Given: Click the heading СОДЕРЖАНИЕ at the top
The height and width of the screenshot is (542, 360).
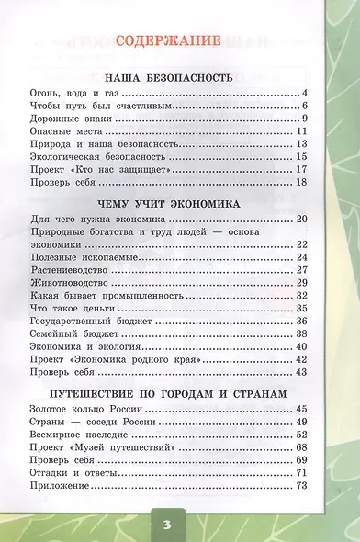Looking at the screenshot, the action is coord(180,40).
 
